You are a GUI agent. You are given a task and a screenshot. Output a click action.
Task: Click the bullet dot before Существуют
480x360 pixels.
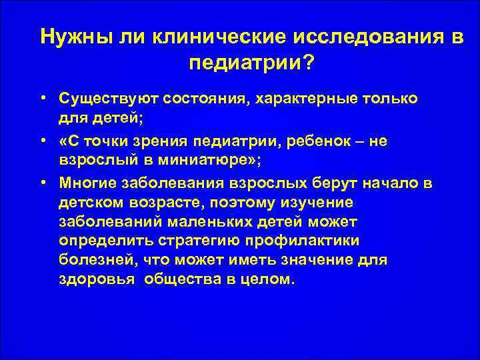click(x=42, y=99)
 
